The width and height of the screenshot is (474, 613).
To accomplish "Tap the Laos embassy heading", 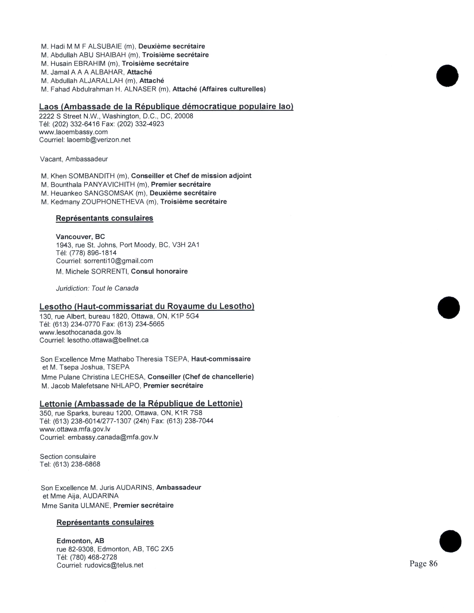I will pyautogui.click(x=166, y=107).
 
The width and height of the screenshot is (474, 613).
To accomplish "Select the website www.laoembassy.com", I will pyautogui.click(x=73, y=132).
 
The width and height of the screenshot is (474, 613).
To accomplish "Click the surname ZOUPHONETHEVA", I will pyautogui.click(x=113, y=202).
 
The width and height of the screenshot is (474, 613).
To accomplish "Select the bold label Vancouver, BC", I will pyautogui.click(x=80, y=237).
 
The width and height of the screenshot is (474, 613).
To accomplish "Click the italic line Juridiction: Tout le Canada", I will pyautogui.click(x=97, y=288).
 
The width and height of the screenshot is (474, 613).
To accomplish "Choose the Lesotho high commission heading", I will pyautogui.click(x=147, y=306).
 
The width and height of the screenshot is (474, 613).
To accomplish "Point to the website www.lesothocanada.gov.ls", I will pyautogui.click(x=80, y=332).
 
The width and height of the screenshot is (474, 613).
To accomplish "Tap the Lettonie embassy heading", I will pyautogui.click(x=141, y=404).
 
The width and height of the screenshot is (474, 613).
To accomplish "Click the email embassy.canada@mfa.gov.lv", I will pyautogui.click(x=113, y=437).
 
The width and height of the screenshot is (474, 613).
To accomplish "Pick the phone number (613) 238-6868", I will pyautogui.click(x=77, y=464).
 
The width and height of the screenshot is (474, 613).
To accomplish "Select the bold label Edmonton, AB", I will pyautogui.click(x=80, y=541).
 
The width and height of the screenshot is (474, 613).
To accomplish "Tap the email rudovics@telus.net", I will pyautogui.click(x=114, y=565).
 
